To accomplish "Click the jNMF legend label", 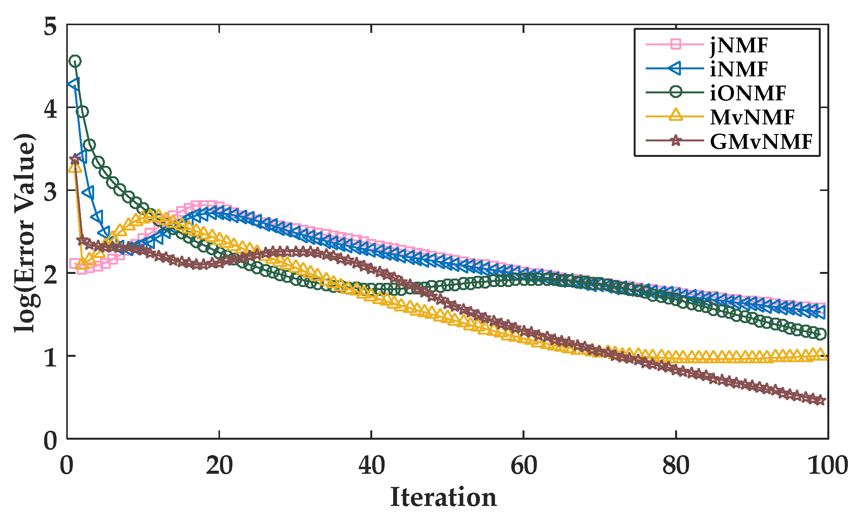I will point(739,46).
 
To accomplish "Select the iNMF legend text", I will point(739,70).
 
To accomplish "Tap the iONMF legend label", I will point(748,93).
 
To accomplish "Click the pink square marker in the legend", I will point(676,44).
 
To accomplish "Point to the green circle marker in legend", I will point(676,92).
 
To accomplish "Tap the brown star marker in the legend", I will point(676,141).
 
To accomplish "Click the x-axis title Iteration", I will point(443,497).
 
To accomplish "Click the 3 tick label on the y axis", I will point(50,191).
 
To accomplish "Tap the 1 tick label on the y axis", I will point(50,356).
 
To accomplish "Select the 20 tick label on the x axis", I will point(219,466).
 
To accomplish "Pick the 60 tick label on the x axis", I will point(524,466).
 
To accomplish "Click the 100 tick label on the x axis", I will point(827,466).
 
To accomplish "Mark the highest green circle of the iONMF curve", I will point(75,61).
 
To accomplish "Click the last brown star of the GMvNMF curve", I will point(820,401).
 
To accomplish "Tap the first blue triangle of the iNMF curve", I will point(74,84).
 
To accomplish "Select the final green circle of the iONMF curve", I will point(820,334).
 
